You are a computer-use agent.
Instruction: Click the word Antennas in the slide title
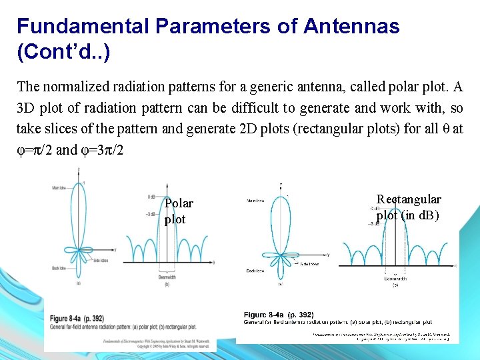[351, 26]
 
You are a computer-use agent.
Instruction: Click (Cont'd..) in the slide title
[63, 51]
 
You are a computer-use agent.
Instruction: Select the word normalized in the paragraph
[75, 87]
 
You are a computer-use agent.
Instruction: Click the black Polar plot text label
[178, 211]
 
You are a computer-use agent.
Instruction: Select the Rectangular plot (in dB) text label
[408, 207]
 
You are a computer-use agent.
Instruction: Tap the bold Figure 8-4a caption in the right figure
[279, 315]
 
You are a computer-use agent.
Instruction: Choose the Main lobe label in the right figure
[255, 200]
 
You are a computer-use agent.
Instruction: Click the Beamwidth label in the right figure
[396, 279]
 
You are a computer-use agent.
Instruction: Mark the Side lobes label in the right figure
[309, 264]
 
